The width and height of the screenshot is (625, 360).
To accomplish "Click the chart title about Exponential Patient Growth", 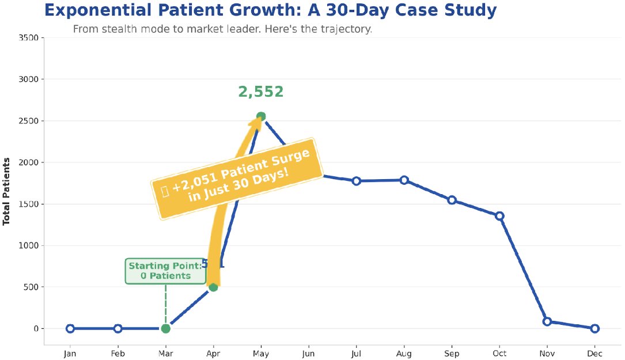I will pos(270,10).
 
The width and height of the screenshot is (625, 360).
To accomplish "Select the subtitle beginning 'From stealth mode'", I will pos(222,29).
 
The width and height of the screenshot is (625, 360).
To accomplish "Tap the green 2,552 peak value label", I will pos(261,92).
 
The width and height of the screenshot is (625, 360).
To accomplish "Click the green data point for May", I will pos(261,116).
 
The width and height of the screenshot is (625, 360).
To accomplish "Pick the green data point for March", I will pos(166,328).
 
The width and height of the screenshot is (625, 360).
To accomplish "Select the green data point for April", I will pos(213,287).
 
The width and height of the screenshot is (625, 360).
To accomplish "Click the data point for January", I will pos(70,328).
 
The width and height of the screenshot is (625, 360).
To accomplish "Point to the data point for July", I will pos(357,181).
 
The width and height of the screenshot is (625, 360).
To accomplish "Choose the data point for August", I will pos(404,180).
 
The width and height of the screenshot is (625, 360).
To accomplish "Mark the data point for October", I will pos(500,216).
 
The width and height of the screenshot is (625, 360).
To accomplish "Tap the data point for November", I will pos(547,321).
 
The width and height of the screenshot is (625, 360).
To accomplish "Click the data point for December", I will pos(595,328).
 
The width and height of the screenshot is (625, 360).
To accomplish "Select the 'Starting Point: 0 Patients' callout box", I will pos(165,271).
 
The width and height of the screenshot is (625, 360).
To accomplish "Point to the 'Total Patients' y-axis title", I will pos(7,191).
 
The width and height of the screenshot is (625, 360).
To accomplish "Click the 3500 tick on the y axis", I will pos(28,38).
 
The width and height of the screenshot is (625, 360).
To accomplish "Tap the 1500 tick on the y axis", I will pos(28,204).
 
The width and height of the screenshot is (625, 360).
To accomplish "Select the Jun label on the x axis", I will pos(309,353).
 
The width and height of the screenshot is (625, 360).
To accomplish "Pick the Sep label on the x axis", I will pos(452,353).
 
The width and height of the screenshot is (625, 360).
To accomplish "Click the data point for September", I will pos(452,200).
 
